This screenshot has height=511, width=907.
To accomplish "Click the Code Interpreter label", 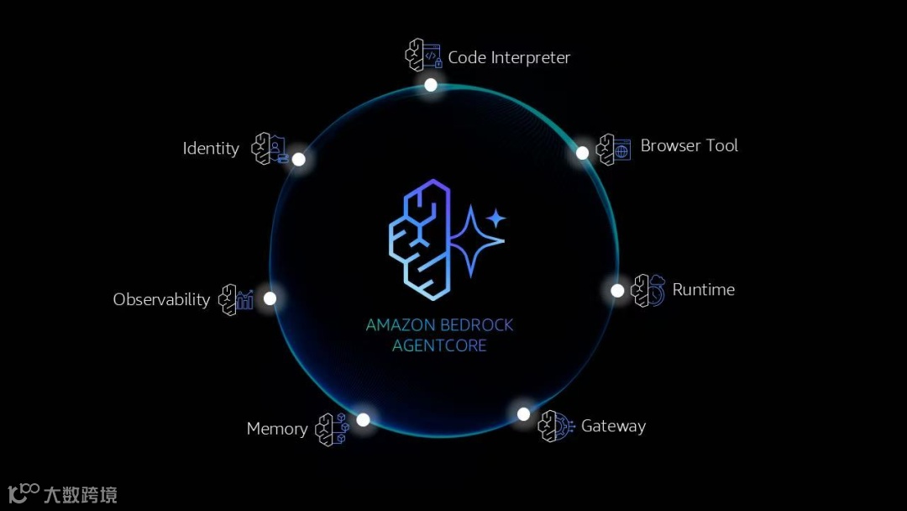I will pyautogui.click(x=509, y=57).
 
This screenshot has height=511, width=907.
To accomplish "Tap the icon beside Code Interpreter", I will pyautogui.click(x=423, y=55).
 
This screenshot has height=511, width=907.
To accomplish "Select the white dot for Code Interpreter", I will pyautogui.click(x=431, y=85).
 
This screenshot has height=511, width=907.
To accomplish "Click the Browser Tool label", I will pyautogui.click(x=689, y=145).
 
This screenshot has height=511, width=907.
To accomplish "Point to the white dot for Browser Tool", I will pyautogui.click(x=582, y=153).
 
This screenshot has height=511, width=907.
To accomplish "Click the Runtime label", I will pyautogui.click(x=703, y=289).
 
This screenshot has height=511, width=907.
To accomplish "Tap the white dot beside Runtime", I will pyautogui.click(x=617, y=291).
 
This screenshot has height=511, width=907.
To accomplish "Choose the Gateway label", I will pyautogui.click(x=613, y=426).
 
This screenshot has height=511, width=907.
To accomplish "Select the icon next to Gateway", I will pyautogui.click(x=554, y=426).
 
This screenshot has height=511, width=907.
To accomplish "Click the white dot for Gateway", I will pyautogui.click(x=523, y=414).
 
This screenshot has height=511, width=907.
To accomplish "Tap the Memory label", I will pyautogui.click(x=277, y=429).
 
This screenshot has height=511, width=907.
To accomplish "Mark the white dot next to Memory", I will pyautogui.click(x=363, y=419).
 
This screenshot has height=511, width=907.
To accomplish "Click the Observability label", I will pyautogui.click(x=161, y=299).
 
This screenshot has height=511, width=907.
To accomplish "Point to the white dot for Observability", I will pyautogui.click(x=270, y=298).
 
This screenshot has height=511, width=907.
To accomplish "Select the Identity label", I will pyautogui.click(x=211, y=149).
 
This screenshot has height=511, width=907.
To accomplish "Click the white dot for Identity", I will pyautogui.click(x=298, y=159).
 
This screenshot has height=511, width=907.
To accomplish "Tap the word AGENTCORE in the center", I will pyautogui.click(x=439, y=345).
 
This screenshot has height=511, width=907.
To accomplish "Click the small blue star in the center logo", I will pyautogui.click(x=496, y=219).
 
